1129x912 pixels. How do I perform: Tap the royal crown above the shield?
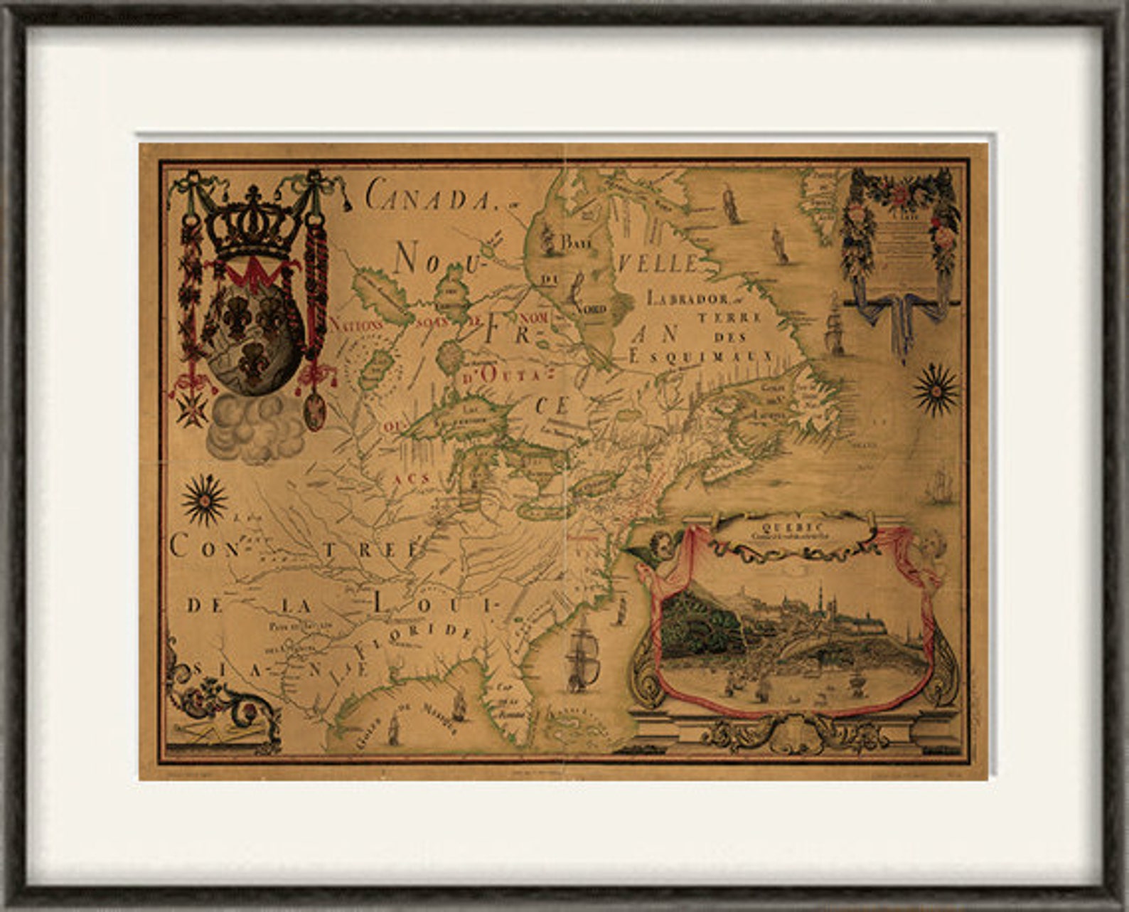(x=252, y=223)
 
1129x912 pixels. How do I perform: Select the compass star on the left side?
(x=205, y=499)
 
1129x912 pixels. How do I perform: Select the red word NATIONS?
(x=357, y=324)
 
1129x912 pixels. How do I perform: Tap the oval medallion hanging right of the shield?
(x=315, y=410)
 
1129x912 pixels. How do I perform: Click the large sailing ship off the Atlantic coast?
(x=582, y=659)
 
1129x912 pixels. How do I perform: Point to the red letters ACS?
(x=412, y=478)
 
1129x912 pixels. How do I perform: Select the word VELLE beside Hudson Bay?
(x=658, y=264)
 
